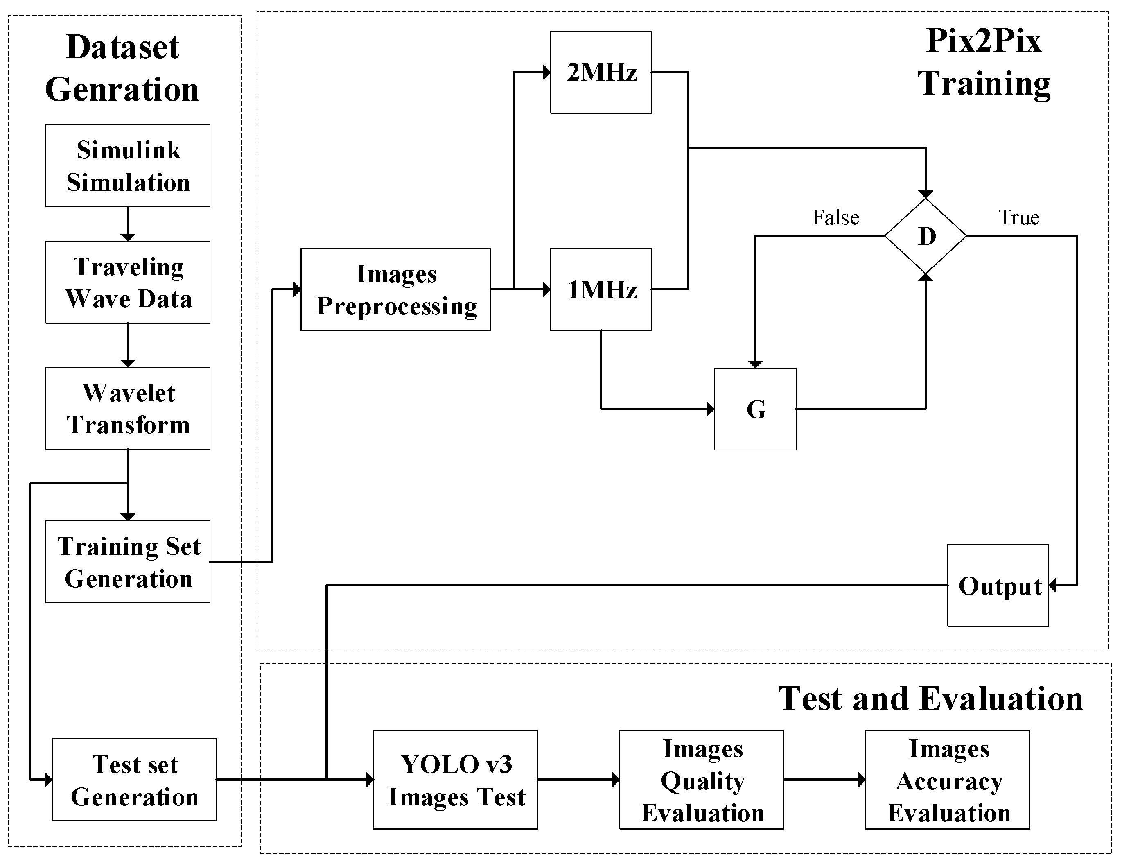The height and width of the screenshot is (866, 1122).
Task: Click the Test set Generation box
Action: pos(134,780)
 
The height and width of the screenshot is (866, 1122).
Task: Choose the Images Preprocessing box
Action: pos(395,289)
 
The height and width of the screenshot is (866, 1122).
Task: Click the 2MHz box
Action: pos(601,72)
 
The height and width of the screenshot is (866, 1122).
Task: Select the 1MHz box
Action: pos(601,289)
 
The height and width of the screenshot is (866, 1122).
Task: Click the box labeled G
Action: pos(755,409)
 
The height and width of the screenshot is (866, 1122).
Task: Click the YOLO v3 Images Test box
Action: pos(455,780)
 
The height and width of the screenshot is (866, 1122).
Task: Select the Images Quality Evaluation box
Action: pos(701,780)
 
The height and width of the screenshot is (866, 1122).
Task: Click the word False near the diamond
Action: pos(835,217)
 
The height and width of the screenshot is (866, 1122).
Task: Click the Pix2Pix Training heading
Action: pos(983,62)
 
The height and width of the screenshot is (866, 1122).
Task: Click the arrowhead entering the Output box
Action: pos(1053,586)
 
